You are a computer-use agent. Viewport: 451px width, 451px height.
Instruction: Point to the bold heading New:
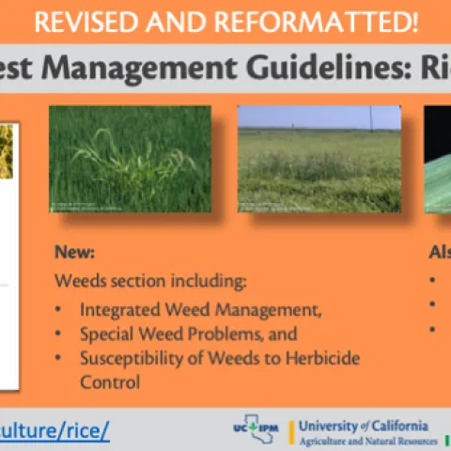pyautogui.click(x=74, y=254)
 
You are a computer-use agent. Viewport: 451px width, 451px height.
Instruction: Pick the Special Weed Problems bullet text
pyautogui.click(x=188, y=334)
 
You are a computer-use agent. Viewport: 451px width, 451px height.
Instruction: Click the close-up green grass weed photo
pyautogui.click(x=130, y=159)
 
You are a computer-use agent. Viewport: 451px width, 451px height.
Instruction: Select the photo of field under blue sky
pyautogui.click(x=319, y=159)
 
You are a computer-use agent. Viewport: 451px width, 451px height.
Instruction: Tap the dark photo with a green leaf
pyautogui.click(x=437, y=159)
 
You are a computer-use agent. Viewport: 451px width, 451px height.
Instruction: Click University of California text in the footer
pyautogui.click(x=362, y=425)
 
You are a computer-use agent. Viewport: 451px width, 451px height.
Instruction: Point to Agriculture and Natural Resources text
pyautogui.click(x=367, y=441)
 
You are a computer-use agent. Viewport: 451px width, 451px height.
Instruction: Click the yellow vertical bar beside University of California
pyautogui.click(x=291, y=431)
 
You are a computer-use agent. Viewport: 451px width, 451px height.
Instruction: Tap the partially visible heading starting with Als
pyautogui.click(x=439, y=254)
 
